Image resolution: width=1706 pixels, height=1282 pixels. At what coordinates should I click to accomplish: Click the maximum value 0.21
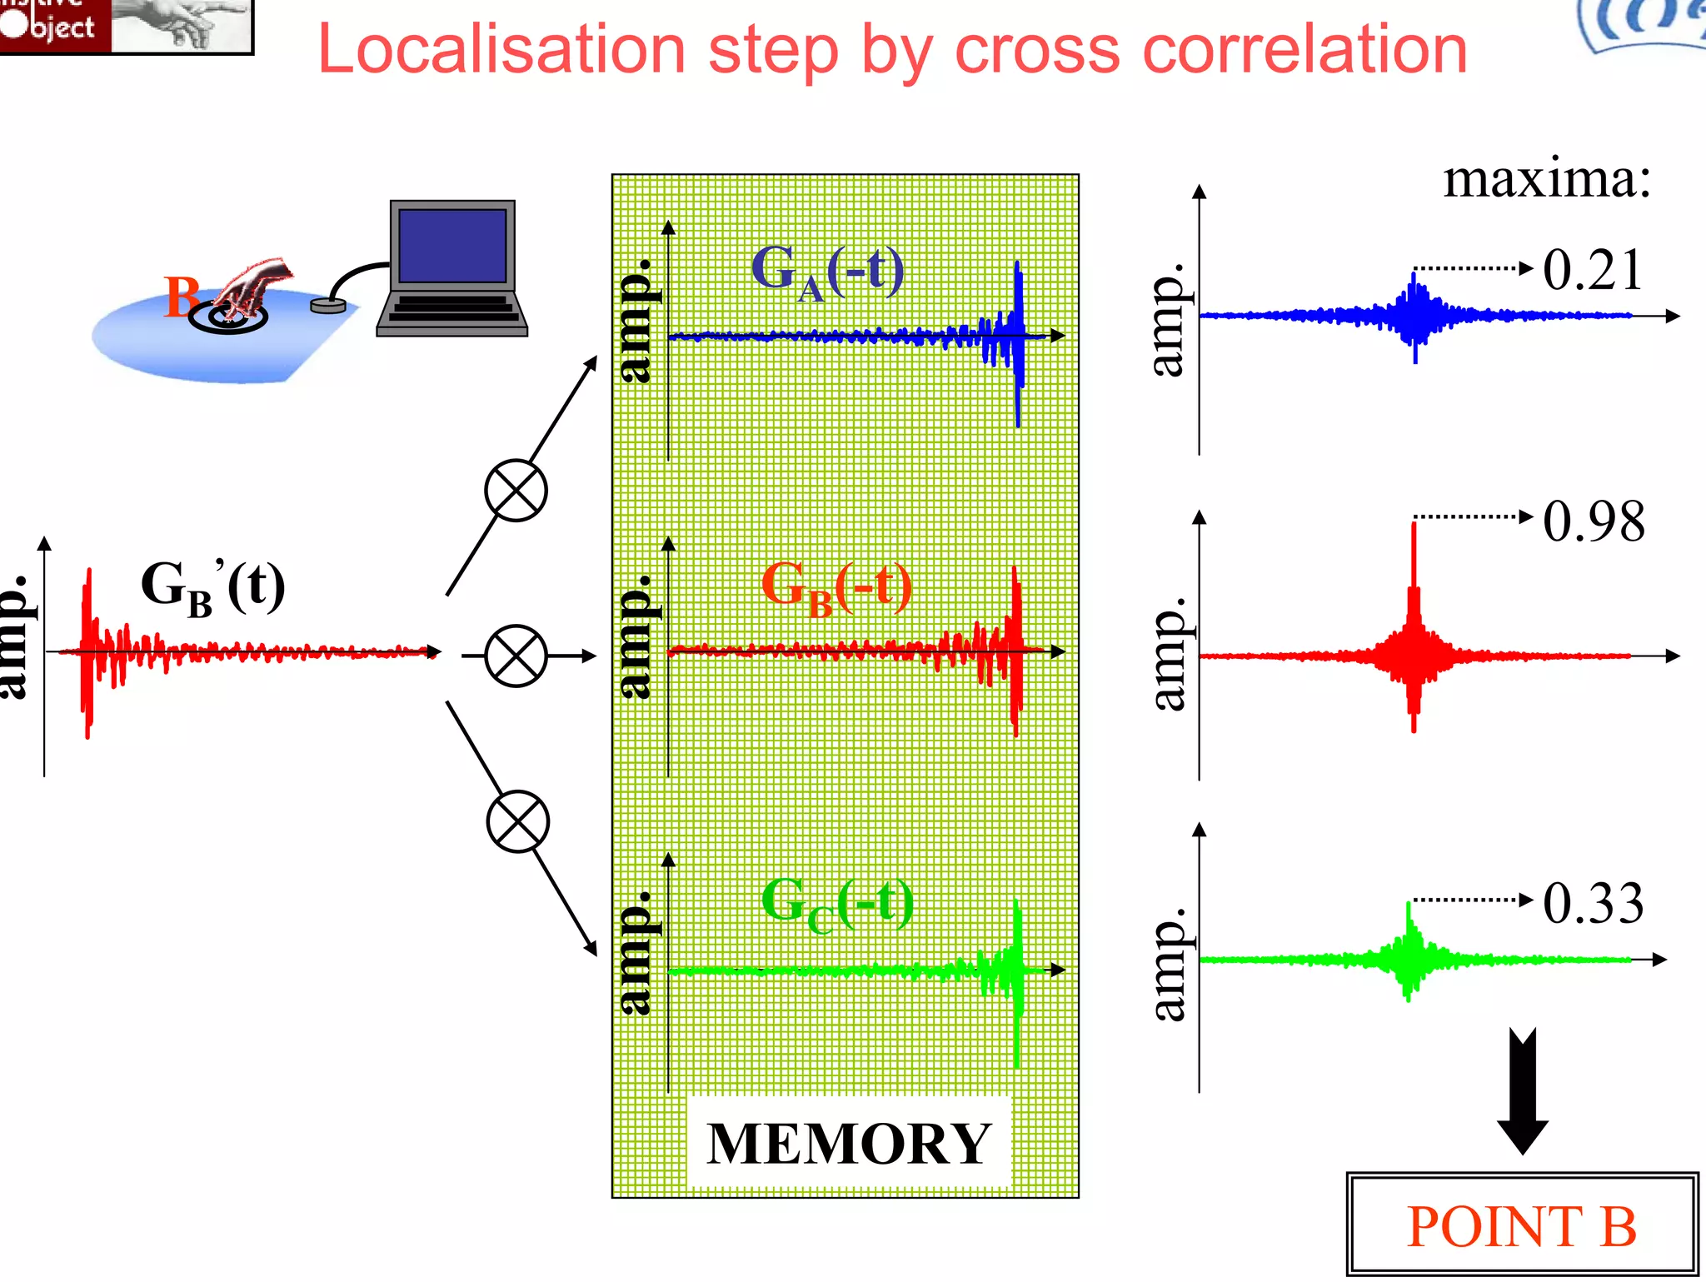pos(1592,270)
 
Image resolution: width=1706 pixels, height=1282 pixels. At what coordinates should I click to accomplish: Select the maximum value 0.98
pos(1594,521)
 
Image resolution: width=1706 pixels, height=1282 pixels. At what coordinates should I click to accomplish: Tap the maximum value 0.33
pos(1593,903)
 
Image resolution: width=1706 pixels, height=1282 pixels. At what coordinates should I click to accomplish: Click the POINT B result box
pos(1521,1225)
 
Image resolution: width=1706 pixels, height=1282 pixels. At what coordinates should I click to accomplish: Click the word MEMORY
pos(848,1144)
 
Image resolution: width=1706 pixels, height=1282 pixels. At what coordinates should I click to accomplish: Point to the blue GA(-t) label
pos(826,271)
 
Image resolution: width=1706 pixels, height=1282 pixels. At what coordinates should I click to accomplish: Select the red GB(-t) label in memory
pos(836,586)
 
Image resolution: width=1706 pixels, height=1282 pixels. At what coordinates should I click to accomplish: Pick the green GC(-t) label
pos(836,903)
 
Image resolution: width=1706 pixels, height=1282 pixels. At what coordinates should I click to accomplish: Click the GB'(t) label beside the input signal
pos(212,586)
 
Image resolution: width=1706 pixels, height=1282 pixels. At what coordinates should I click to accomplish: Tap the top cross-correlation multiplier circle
pos(516,491)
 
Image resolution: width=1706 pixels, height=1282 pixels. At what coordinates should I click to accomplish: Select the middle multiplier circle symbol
pos(516,656)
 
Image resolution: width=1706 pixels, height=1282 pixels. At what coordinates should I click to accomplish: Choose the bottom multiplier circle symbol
pos(517,821)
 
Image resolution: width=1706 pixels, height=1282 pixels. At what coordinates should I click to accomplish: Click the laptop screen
pos(452,246)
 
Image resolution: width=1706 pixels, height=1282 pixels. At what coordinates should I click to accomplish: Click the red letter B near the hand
pos(181,297)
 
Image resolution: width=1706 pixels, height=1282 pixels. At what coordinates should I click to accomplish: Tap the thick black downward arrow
pos(1522,1091)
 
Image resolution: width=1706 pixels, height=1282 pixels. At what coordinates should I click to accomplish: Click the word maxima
pos(1546,179)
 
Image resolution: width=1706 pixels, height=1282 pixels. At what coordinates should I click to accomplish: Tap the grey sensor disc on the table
pos(328,306)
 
